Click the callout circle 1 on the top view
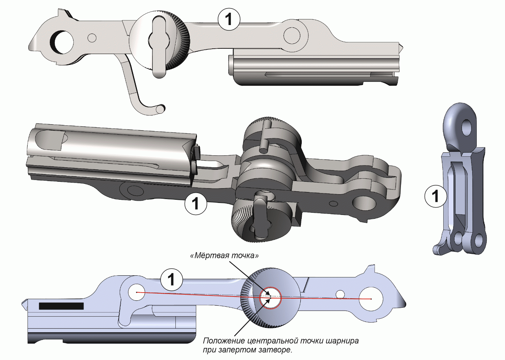(x=229, y=19)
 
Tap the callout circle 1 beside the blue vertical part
(x=435, y=196)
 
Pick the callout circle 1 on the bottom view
(x=172, y=280)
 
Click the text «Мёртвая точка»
(x=224, y=256)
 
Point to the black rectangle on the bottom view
(x=61, y=306)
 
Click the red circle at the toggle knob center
(x=270, y=298)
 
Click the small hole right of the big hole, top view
(x=92, y=38)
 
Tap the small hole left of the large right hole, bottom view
(x=340, y=294)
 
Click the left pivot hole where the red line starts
(x=137, y=292)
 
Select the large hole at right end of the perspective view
(x=364, y=204)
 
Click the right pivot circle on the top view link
(x=292, y=35)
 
